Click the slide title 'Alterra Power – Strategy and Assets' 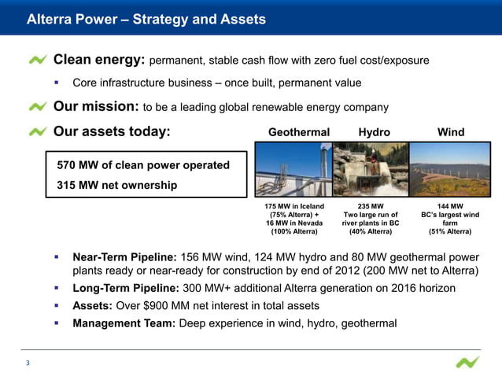tap(146, 19)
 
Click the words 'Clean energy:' tap(99, 60)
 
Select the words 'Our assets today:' tap(111, 132)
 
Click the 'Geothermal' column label tap(299, 132)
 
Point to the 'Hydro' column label tap(374, 132)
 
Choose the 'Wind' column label tap(451, 132)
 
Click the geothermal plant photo tap(293, 169)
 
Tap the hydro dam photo tap(370, 169)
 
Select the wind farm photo tap(450, 169)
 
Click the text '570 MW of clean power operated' tap(143, 165)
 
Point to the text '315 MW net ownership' tap(117, 185)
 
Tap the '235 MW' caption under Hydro tap(371, 207)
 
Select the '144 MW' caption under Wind tap(450, 207)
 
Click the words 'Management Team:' tap(123, 322)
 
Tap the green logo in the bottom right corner tap(467, 363)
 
